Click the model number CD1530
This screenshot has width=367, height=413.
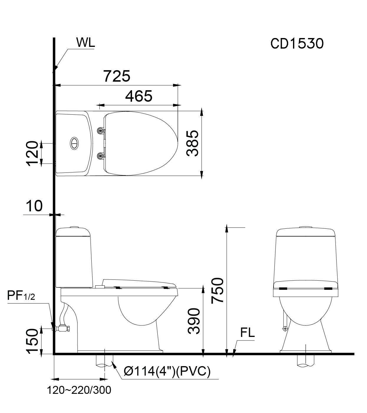[x=297, y=44]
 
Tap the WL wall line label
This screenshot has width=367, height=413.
[x=85, y=43]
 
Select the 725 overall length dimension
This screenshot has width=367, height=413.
[x=117, y=76]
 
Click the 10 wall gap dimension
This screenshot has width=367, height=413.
[x=34, y=206]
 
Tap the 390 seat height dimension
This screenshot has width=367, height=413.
[x=194, y=321]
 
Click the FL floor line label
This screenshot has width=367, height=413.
[x=247, y=333]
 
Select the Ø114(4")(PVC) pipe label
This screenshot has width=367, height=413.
[x=167, y=371]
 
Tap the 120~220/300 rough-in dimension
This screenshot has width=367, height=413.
[x=79, y=390]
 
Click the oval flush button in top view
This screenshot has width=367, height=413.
[x=74, y=143]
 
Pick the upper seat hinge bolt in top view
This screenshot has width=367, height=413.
[x=101, y=130]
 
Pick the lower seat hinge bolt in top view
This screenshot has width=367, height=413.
[x=101, y=156]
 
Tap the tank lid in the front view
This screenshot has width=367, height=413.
[x=306, y=232]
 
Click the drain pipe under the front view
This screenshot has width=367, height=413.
[x=306, y=360]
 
